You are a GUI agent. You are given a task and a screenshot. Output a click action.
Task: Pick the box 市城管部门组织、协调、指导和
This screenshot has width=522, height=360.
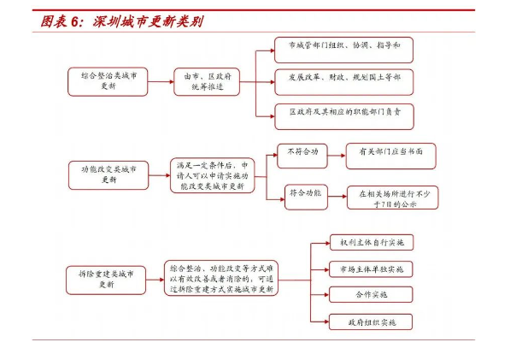pyautogui.click(x=343, y=48)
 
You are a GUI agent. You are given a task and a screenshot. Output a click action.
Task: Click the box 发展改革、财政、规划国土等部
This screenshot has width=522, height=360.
pyautogui.click(x=343, y=80)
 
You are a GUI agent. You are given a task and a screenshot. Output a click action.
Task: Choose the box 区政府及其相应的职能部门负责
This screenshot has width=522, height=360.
pyautogui.click(x=343, y=113)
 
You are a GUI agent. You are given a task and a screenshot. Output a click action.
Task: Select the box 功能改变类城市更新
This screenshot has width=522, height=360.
pyautogui.click(x=109, y=174)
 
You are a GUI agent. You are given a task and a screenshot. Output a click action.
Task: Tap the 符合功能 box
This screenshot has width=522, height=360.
pyautogui.click(x=305, y=195)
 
